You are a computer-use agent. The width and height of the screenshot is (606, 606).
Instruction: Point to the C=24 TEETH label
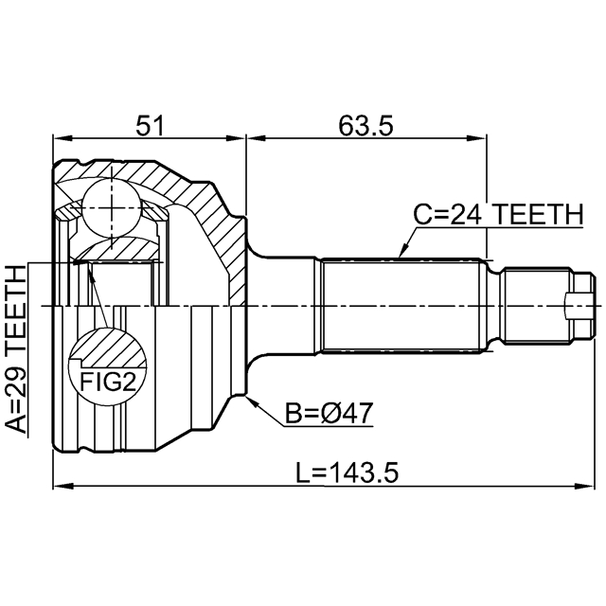point(497,216)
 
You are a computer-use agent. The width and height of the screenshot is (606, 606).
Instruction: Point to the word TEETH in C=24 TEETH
point(536,216)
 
